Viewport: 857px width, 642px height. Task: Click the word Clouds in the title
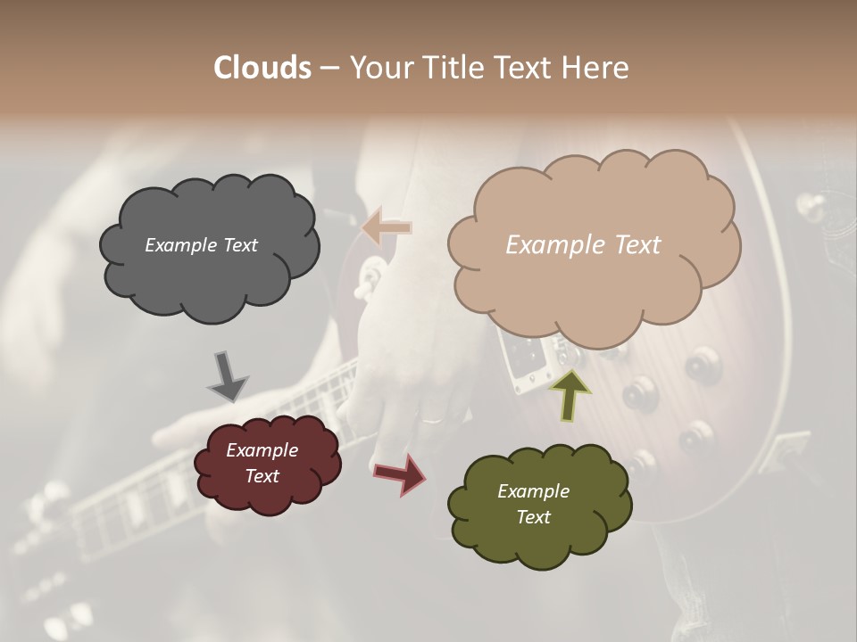coord(262,68)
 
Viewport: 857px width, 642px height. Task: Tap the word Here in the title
coord(596,68)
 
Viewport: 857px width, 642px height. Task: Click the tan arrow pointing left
coord(387,228)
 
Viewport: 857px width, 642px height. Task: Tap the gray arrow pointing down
coord(227,376)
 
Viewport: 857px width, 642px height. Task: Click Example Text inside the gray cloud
coord(201,245)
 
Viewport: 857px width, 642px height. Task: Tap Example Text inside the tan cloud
coord(583,245)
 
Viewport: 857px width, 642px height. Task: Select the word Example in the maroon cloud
coord(262,450)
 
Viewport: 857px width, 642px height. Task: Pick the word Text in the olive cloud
coord(533,517)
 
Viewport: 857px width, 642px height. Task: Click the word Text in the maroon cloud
coord(262,476)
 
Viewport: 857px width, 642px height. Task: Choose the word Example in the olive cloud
coord(533,491)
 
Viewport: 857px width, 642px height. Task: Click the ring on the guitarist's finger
coord(431,419)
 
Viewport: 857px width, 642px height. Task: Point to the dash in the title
coord(329,69)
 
